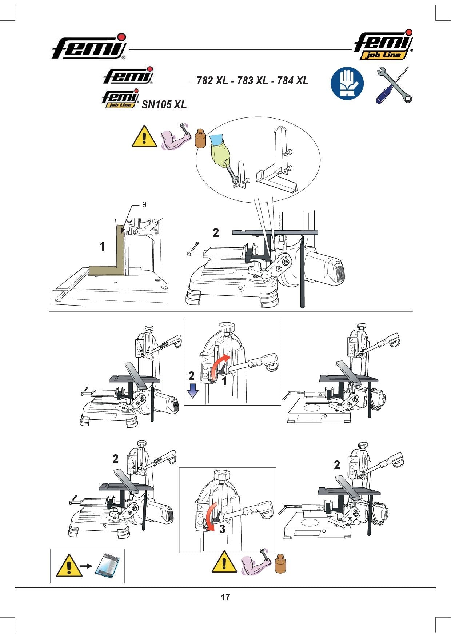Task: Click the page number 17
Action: pyautogui.click(x=225, y=597)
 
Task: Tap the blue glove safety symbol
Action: pyautogui.click(x=347, y=84)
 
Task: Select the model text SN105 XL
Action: pyautogui.click(x=164, y=105)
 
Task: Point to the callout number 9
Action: pyautogui.click(x=144, y=205)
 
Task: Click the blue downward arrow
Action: pyautogui.click(x=192, y=391)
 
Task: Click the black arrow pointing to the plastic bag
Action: pyautogui.click(x=86, y=566)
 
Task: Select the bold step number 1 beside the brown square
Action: pyautogui.click(x=102, y=247)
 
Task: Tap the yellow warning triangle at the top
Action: pyautogui.click(x=144, y=137)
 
